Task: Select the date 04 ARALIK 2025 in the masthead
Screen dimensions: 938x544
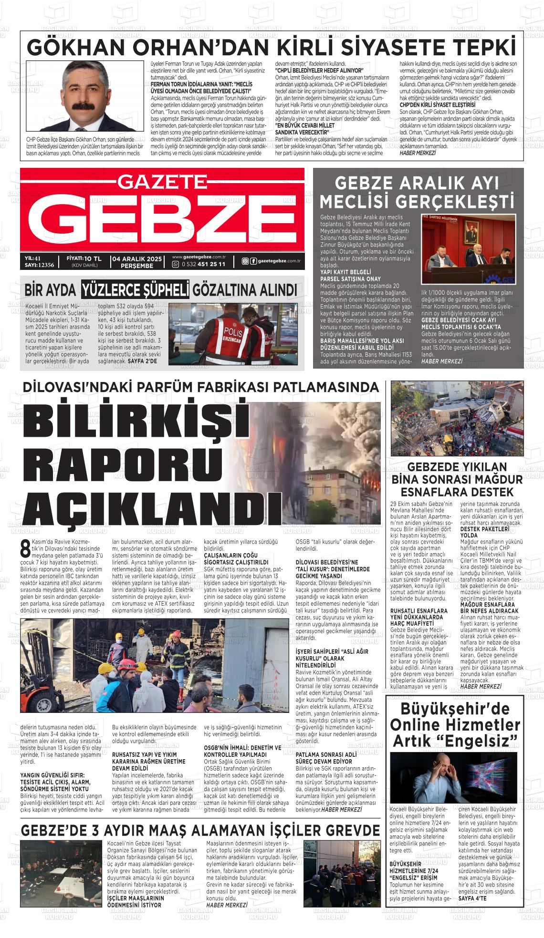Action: coord(137,258)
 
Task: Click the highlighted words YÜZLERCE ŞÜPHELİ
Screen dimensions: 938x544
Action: coord(135,289)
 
